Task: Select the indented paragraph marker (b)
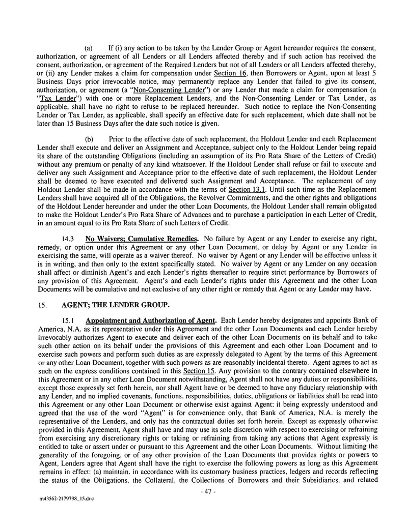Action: coord(89,139)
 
